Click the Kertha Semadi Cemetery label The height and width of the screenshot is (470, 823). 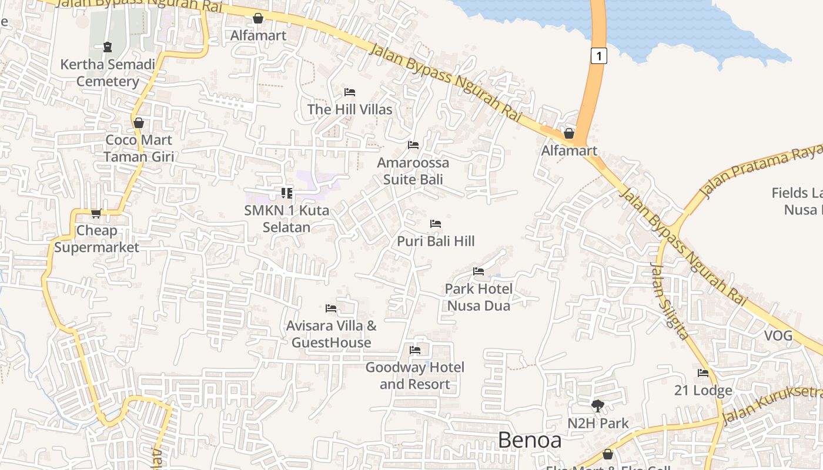coord(108,73)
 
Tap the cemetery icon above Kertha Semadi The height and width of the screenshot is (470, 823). coord(107,46)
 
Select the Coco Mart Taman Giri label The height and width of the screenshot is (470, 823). coord(138,148)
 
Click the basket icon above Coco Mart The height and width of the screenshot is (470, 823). coord(139,123)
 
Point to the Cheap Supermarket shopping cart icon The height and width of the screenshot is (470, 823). coord(96,213)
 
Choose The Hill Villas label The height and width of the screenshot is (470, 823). coord(350,109)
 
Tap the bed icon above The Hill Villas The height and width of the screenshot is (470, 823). coord(350,92)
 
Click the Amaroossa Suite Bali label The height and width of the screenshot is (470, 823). coord(413,171)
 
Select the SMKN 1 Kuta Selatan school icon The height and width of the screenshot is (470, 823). coord(287,193)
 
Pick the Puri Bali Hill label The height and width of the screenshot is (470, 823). coord(436,241)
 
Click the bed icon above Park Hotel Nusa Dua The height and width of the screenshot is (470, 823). coord(479,271)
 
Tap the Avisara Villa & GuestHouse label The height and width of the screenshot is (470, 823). coord(332,334)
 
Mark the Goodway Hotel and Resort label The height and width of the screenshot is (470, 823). coord(415,375)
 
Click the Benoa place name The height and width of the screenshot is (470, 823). coord(530,440)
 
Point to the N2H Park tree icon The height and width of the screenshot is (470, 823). coord(598,405)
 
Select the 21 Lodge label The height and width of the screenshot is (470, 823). coord(703,391)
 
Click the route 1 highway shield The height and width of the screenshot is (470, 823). coord(598,56)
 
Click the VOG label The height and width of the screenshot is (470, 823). coord(778,336)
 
